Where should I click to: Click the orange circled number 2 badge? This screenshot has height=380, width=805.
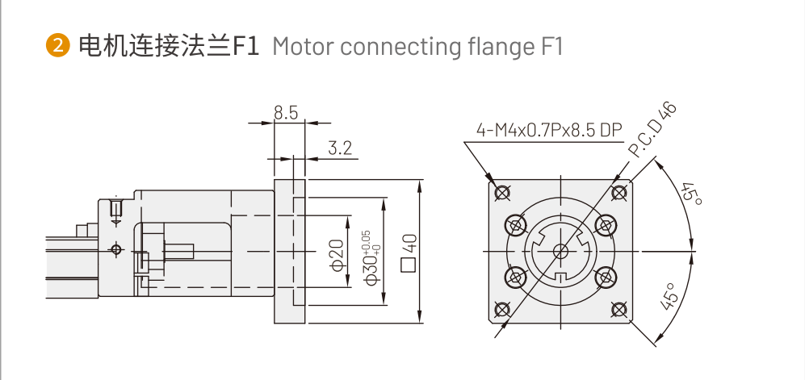pos(58,45)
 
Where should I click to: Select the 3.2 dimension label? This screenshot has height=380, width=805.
pos(341,148)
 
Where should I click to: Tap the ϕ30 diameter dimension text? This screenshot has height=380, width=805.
pos(369,257)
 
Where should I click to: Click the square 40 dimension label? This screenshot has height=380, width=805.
pos(409,251)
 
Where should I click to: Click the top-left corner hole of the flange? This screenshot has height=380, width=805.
pos(502,192)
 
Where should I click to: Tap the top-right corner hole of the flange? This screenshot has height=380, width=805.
pos(619,192)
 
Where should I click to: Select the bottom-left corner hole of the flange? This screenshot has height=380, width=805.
pos(502,309)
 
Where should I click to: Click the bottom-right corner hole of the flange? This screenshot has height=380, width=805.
pos(619,309)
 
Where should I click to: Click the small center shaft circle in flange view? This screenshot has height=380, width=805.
pos(560,251)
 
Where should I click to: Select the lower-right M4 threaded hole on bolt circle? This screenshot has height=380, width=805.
pos(605,278)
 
